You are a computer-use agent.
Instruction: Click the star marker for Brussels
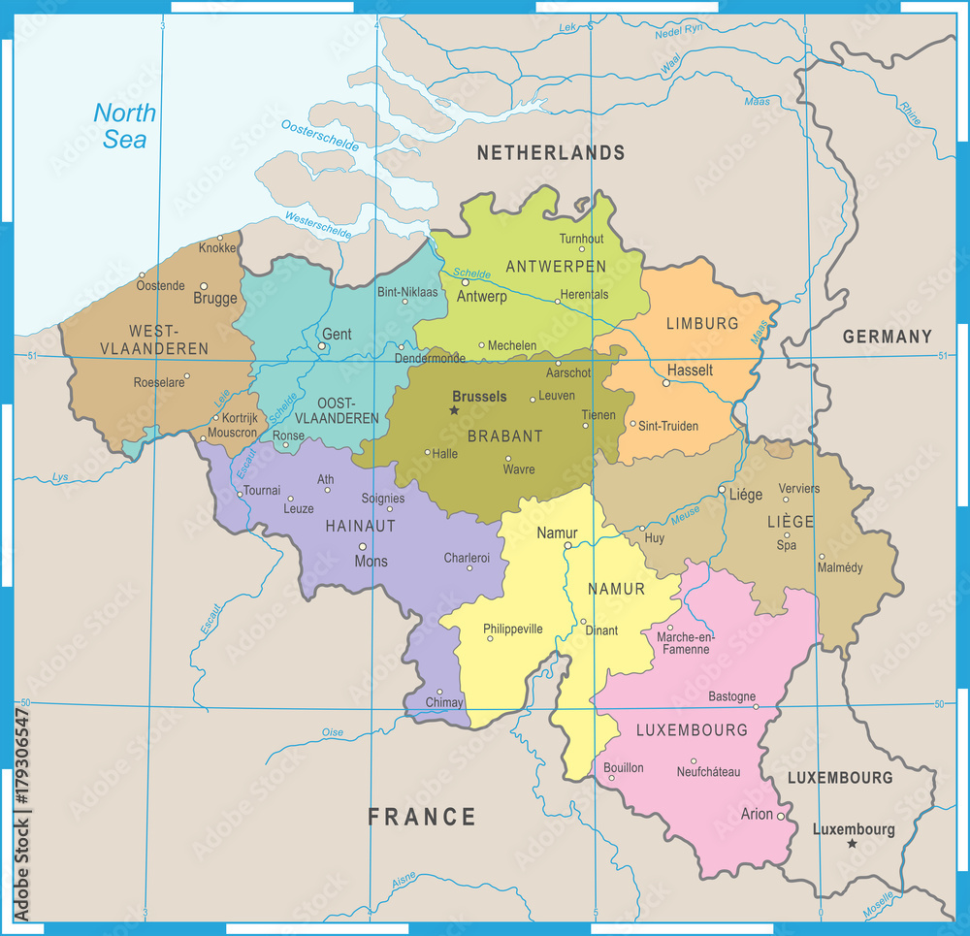pos(453,410)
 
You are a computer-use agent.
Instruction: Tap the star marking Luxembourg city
pos(852,844)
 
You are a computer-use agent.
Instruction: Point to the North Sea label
pos(125,126)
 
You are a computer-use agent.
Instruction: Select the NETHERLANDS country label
pos(550,152)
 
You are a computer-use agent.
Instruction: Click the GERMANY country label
pos(887,337)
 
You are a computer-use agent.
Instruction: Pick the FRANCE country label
pos(422,817)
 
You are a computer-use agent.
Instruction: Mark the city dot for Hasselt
pos(665,383)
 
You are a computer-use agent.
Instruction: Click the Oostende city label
pos(160,285)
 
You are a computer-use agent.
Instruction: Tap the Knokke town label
pos(217,248)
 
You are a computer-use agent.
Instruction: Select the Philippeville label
pos(513,629)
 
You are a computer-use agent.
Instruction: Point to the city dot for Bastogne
pos(757,707)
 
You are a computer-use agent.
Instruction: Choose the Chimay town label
pos(445,702)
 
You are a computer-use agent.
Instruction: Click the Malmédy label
pos(840,567)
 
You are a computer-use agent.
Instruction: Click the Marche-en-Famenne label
pos(685,642)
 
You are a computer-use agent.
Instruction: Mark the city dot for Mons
pos(363,547)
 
